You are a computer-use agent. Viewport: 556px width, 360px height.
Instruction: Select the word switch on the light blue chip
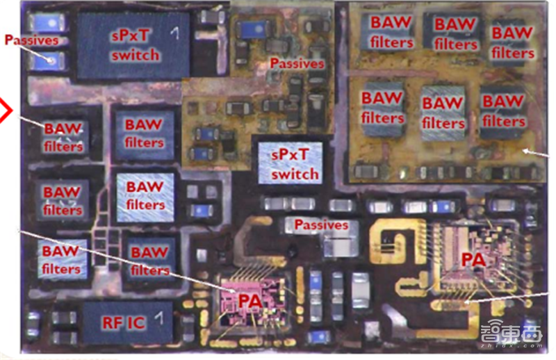point(295,174)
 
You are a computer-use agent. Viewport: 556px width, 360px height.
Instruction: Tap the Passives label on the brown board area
point(297,63)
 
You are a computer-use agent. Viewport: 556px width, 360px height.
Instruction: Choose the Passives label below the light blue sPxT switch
point(320,224)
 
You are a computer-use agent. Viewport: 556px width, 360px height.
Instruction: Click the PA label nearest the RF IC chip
point(250,301)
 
